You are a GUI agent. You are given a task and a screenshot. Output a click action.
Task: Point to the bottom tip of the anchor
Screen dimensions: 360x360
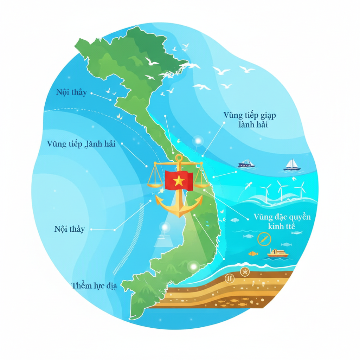pyautogui.click(x=179, y=216)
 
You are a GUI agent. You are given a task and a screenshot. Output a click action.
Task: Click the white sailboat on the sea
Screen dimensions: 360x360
pyautogui.click(x=292, y=165)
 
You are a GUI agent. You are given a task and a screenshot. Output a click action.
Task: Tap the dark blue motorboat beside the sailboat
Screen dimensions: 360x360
pyautogui.click(x=246, y=163)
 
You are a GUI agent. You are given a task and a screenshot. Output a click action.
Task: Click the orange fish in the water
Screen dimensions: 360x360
pyautogui.click(x=253, y=253)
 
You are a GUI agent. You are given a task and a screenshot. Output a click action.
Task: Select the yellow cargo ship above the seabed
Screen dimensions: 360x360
pyautogui.click(x=278, y=253)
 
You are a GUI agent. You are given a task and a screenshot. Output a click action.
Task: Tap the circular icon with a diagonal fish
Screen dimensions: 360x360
pyautogui.click(x=264, y=239)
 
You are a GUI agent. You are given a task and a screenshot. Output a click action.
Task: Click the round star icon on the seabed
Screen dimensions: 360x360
pyautogui.click(x=244, y=271)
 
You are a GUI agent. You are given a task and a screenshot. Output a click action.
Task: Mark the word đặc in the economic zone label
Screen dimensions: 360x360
pyautogui.click(x=278, y=217)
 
